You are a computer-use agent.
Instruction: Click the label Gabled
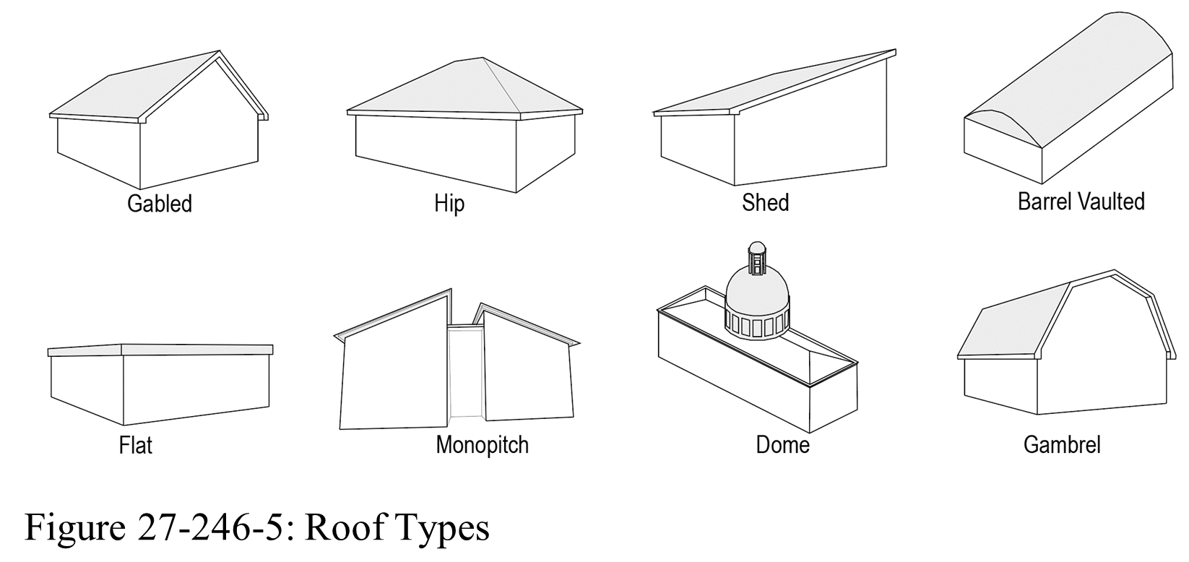coord(159,204)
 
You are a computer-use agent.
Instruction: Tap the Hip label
coord(449,204)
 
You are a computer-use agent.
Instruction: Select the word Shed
coord(765,203)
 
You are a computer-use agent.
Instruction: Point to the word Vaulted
coord(1110,202)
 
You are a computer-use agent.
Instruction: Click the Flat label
coord(135,445)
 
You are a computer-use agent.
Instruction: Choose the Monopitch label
coord(482,445)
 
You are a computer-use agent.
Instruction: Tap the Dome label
coord(782,445)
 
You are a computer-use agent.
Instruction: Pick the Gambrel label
coord(1062,445)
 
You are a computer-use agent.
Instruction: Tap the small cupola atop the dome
coord(757,259)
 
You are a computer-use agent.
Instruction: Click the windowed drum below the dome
coord(757,324)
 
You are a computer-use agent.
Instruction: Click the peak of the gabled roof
coord(220,51)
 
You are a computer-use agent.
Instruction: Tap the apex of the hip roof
coord(483,58)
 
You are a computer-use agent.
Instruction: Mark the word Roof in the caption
coord(344,527)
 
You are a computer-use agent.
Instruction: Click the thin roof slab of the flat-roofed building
coord(160,350)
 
